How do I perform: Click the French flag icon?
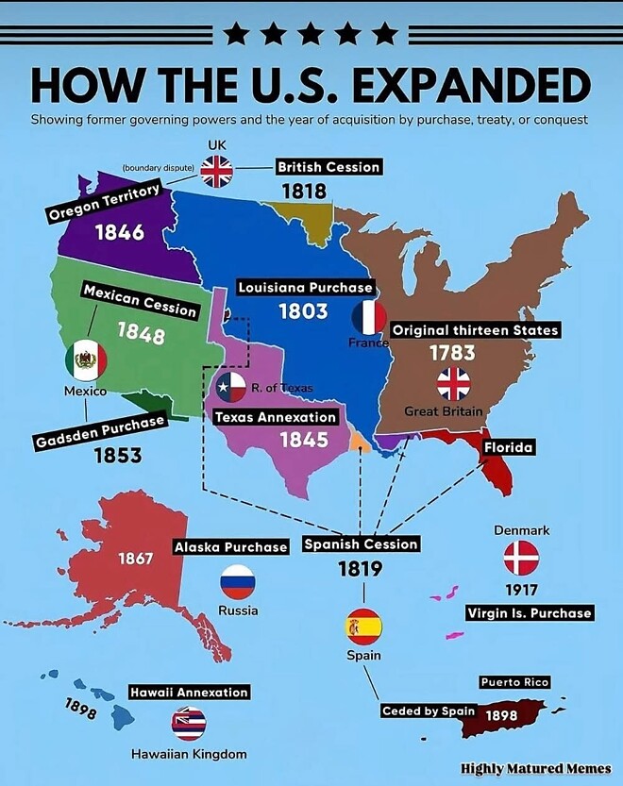tap(369, 318)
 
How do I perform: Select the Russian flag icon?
tap(238, 582)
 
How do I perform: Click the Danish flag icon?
tap(520, 559)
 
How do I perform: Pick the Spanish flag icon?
tap(363, 626)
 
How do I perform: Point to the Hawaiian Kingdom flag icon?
tap(189, 723)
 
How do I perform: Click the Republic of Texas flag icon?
tap(230, 386)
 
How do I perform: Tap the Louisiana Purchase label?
tap(305, 287)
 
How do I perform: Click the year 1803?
tap(303, 310)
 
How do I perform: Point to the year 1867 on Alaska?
tap(135, 559)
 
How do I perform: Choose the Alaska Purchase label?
tap(230, 547)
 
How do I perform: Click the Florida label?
tap(509, 446)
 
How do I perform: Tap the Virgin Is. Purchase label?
tap(530, 613)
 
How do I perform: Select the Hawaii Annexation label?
tap(189, 692)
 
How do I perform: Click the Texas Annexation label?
tap(276, 416)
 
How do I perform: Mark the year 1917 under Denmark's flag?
tap(520, 591)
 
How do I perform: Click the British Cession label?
tap(328, 167)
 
